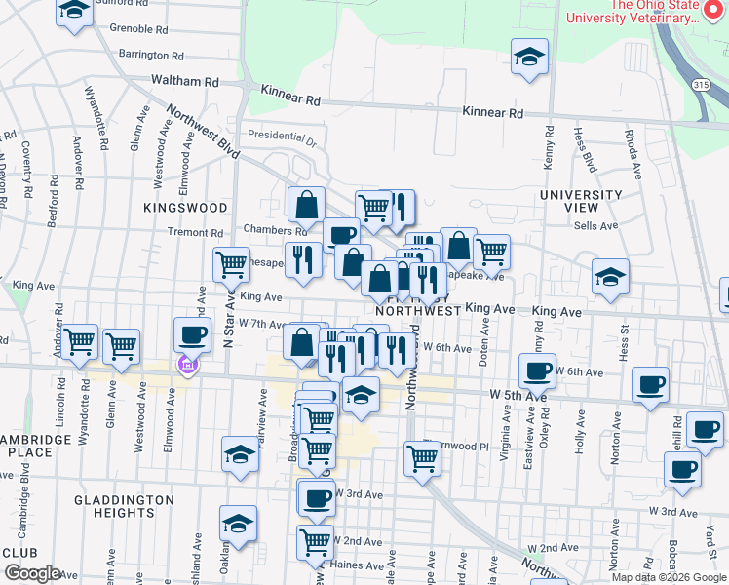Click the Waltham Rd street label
coord(183,82)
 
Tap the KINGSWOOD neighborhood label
coord(185,208)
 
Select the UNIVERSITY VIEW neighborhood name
coord(581,202)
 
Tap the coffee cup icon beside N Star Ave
coord(192,335)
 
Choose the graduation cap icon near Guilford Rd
coord(74,11)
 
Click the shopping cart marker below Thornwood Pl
coord(422,456)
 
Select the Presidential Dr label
coord(283,136)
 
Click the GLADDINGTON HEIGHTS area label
coord(124,506)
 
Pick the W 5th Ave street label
coord(514,394)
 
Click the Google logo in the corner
coord(32,573)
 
